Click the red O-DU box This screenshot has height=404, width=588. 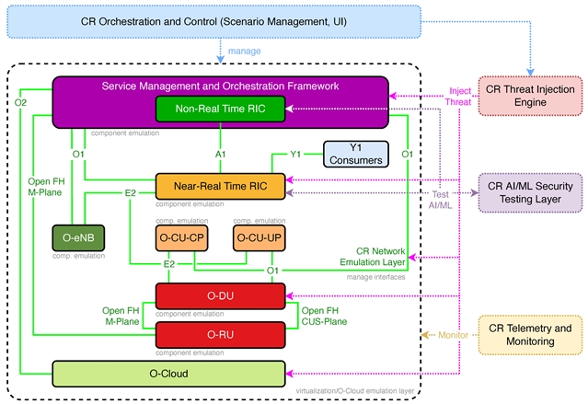221,296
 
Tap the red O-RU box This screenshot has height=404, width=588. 221,334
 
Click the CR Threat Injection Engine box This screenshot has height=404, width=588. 531,96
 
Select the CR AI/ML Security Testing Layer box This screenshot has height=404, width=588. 531,190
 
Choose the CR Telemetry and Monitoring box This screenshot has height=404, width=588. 531,335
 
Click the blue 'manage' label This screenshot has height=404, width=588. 245,52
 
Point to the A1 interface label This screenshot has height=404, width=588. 220,153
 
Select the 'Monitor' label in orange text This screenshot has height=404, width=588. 447,336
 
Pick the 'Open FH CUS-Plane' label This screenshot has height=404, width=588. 324,316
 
